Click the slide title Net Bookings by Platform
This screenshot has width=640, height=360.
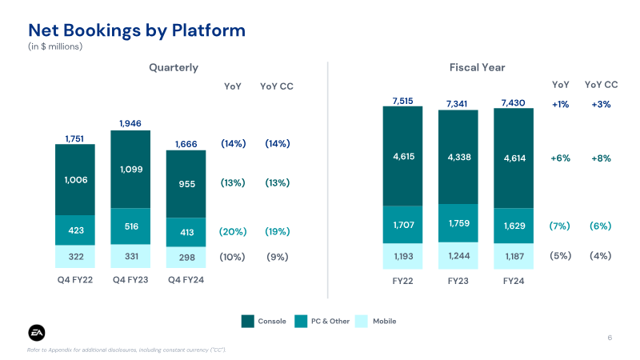[x=137, y=30]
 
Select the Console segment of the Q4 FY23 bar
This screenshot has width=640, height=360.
[x=130, y=170]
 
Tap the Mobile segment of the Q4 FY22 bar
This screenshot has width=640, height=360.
[x=75, y=257]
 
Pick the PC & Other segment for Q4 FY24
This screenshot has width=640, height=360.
[x=186, y=231]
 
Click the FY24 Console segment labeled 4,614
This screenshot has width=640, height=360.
[x=514, y=158]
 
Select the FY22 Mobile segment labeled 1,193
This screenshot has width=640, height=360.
[x=402, y=256]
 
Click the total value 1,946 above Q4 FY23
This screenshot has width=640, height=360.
[x=130, y=123]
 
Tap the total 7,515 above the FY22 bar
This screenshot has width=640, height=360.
[x=402, y=100]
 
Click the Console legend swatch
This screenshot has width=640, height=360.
[x=248, y=321]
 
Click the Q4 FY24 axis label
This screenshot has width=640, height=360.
[x=186, y=279]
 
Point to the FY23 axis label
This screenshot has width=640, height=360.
[x=458, y=282]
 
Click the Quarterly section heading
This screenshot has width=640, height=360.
[x=174, y=68]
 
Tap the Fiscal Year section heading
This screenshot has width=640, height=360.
[x=477, y=68]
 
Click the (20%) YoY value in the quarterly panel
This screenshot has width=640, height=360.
[x=232, y=231]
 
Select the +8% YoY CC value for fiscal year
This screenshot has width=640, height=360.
[x=601, y=158]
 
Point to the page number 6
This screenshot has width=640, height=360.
[x=610, y=338]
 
